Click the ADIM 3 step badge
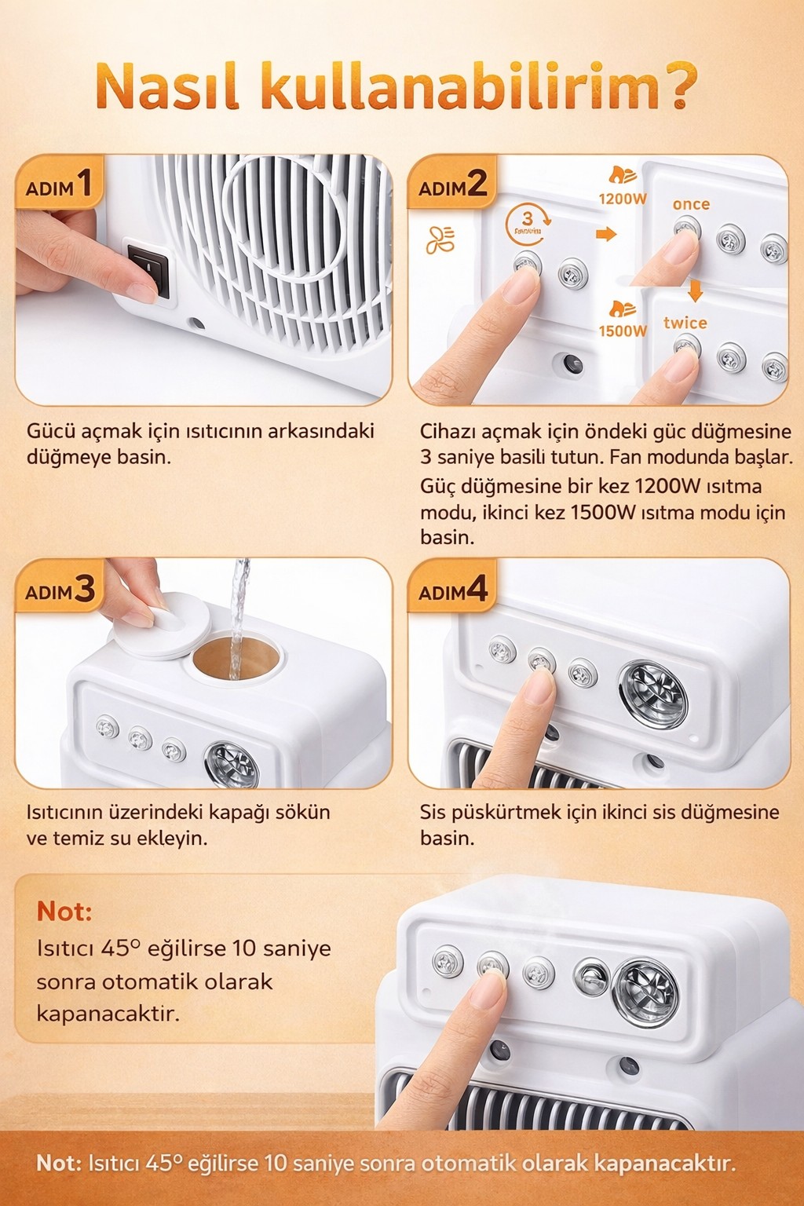60,590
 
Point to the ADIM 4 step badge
452,590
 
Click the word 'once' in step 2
691,204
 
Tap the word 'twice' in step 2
685,323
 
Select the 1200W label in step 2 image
623,199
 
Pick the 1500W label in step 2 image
623,331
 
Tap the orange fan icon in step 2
440,240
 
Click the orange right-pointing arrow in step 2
606,234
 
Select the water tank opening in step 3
234,656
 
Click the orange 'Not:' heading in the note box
64,912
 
